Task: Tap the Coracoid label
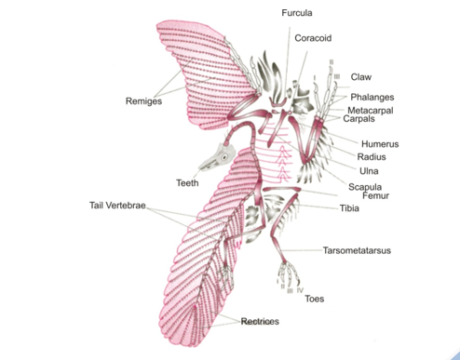point(312,38)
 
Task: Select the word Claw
point(361,77)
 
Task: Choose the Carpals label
point(359,119)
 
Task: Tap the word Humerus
point(380,144)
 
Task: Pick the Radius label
point(372,157)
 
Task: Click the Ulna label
point(368,171)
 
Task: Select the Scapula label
point(366,186)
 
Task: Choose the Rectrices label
point(260,321)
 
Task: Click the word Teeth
point(186,182)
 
